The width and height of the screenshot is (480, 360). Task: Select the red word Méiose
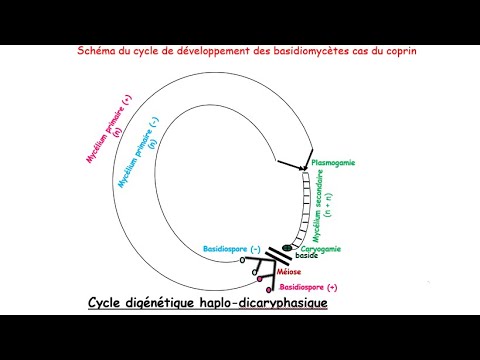point(291,271)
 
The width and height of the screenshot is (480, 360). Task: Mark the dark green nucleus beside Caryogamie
point(288,247)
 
